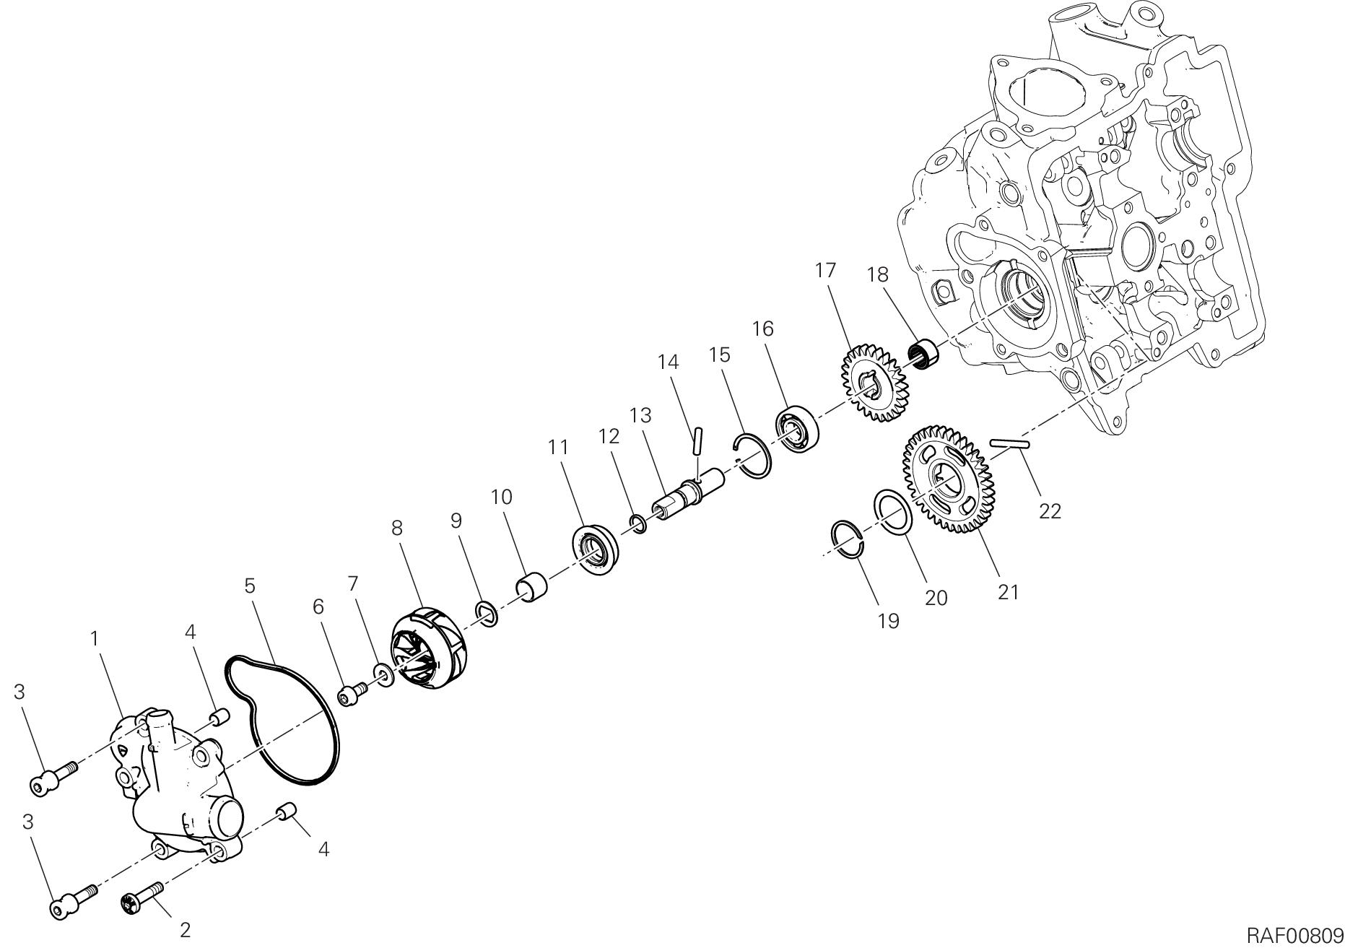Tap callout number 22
(x=1050, y=511)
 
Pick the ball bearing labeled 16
(x=797, y=432)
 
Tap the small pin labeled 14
(x=697, y=441)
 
